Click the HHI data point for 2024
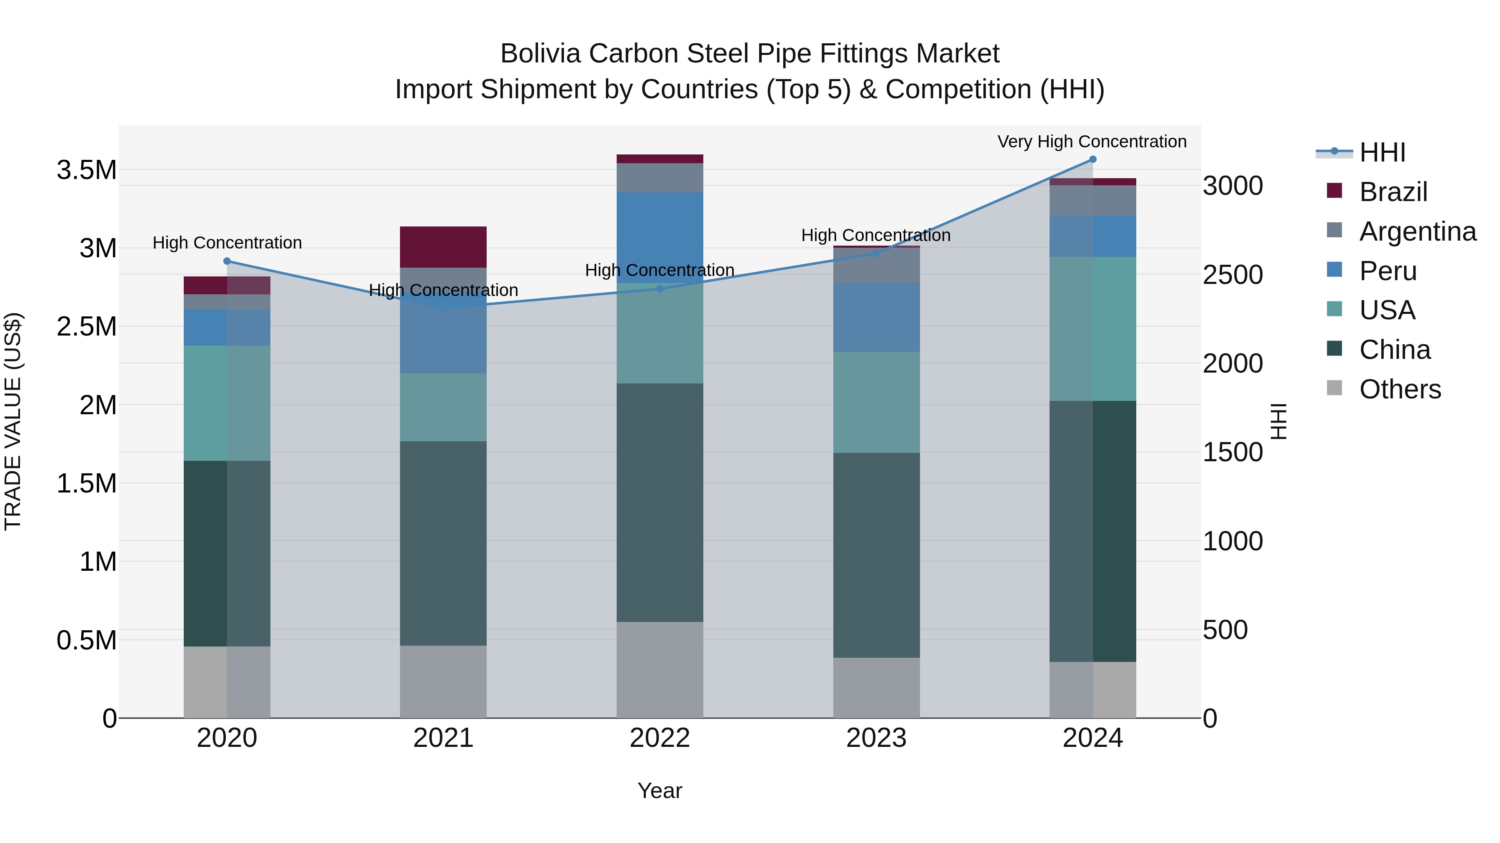click(1092, 159)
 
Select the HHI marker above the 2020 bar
click(227, 261)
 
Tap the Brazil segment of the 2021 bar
click(443, 247)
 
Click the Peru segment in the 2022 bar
click(660, 237)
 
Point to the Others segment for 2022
click(660, 670)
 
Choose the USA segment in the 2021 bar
click(443, 407)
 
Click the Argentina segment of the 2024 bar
click(1092, 201)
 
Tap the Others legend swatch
click(1335, 388)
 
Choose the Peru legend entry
click(1387, 271)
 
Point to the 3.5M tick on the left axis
click(86, 170)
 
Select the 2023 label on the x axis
click(876, 738)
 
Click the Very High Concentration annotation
click(1092, 142)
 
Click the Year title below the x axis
click(660, 791)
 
